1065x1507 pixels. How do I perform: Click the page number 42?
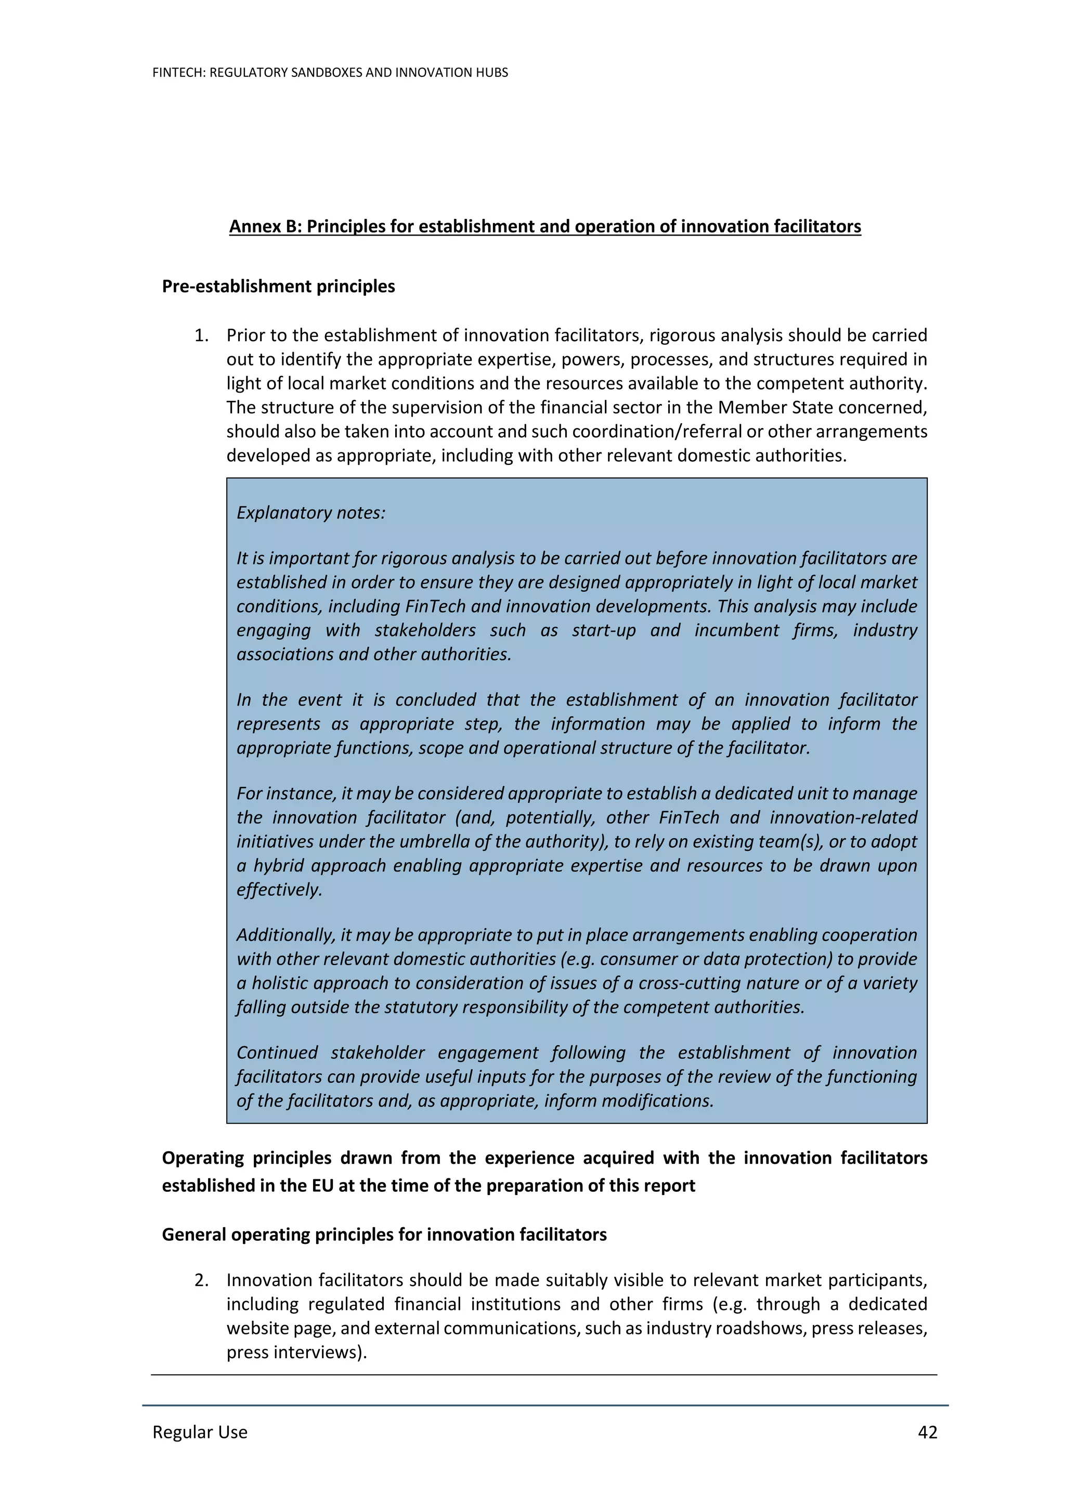tap(927, 1432)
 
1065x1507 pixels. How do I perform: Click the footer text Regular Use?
tap(200, 1432)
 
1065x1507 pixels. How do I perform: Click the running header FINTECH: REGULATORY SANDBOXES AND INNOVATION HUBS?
tap(330, 72)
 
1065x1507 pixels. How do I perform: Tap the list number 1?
tap(201, 335)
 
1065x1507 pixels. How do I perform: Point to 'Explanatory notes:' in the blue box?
tap(311, 513)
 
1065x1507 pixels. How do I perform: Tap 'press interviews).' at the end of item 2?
tap(296, 1352)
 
